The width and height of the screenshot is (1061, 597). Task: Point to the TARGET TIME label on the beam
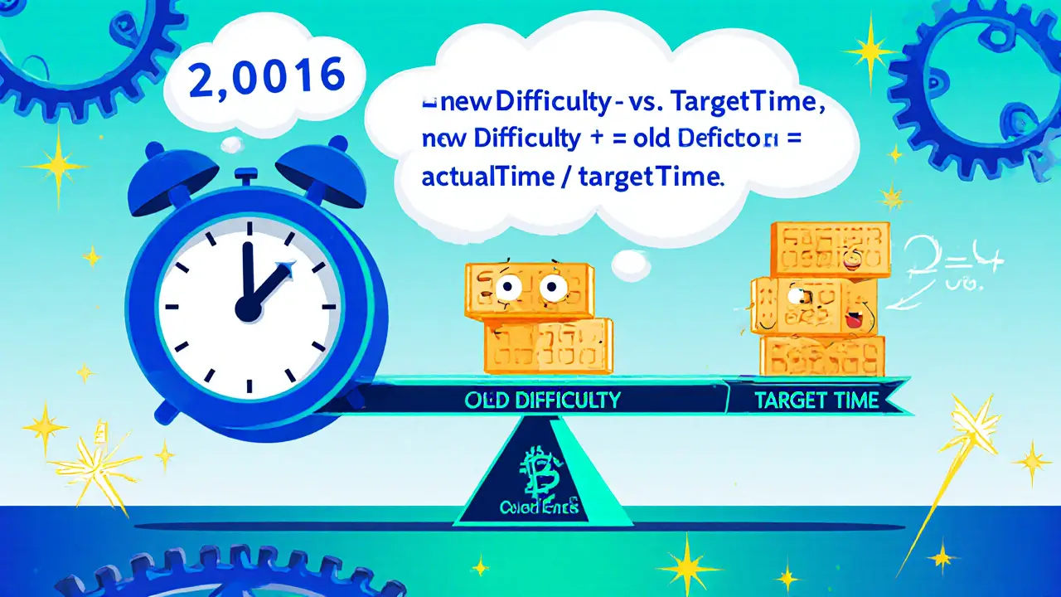tap(816, 400)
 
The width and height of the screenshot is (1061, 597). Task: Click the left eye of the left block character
tap(508, 288)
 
